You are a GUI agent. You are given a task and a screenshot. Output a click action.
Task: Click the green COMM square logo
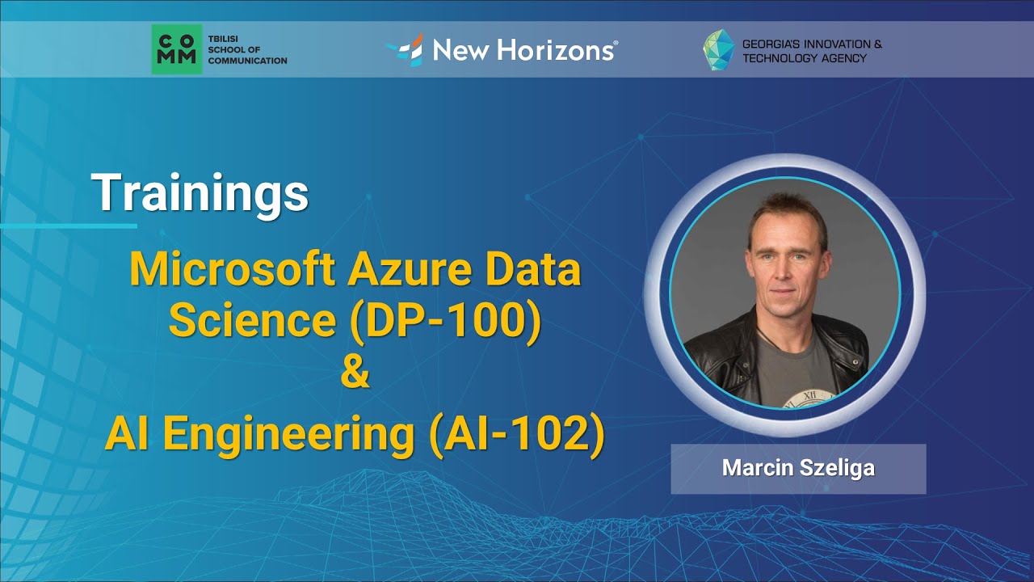point(177,49)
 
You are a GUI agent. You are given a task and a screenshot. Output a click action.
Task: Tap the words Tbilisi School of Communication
point(247,49)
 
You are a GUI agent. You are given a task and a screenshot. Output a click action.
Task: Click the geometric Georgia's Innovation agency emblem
point(718,50)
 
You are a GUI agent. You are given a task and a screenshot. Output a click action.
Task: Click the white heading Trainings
point(200,193)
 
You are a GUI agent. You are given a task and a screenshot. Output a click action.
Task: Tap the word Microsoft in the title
point(233,270)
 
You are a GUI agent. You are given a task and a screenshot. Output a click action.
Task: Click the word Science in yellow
point(252,320)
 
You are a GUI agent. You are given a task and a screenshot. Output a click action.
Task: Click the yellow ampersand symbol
point(355,376)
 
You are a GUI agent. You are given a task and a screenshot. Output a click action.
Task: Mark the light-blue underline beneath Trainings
point(69,226)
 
